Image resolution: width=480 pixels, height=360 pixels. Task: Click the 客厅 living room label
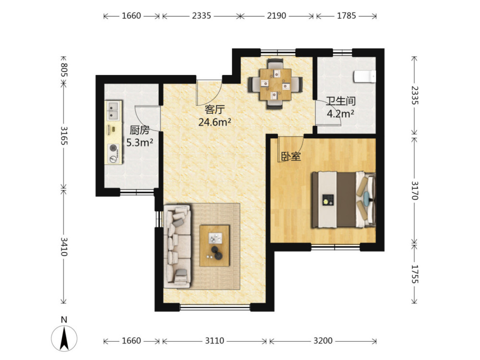pos(215,109)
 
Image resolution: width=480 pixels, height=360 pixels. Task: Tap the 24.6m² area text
pos(215,122)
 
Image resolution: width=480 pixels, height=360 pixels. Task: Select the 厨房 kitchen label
pos(140,130)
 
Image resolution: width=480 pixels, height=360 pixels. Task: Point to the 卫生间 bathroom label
pos(340,101)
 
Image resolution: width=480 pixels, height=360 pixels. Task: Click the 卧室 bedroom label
pos(291,157)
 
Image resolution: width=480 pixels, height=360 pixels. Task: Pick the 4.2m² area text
pos(340,114)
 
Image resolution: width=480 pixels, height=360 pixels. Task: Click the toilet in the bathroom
pos(365,76)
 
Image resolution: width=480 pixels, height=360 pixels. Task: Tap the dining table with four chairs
pos(275,84)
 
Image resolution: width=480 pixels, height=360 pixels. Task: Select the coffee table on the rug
pos(215,246)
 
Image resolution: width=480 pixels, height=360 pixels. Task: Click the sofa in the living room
pos(177,247)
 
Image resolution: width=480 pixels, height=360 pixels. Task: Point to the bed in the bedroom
pos(344,200)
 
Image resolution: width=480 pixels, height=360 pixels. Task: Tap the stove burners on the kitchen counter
pos(114,153)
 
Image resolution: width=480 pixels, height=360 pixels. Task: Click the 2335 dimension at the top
pos(202,16)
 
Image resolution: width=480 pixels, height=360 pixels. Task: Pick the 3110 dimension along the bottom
pos(214,341)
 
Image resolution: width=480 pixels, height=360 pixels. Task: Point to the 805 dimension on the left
pos(64,70)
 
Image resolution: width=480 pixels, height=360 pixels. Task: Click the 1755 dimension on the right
pos(415,274)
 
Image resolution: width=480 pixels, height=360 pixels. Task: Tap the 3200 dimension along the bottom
pos(323,341)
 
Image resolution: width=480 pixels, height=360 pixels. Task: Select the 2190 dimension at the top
pos(276,16)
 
